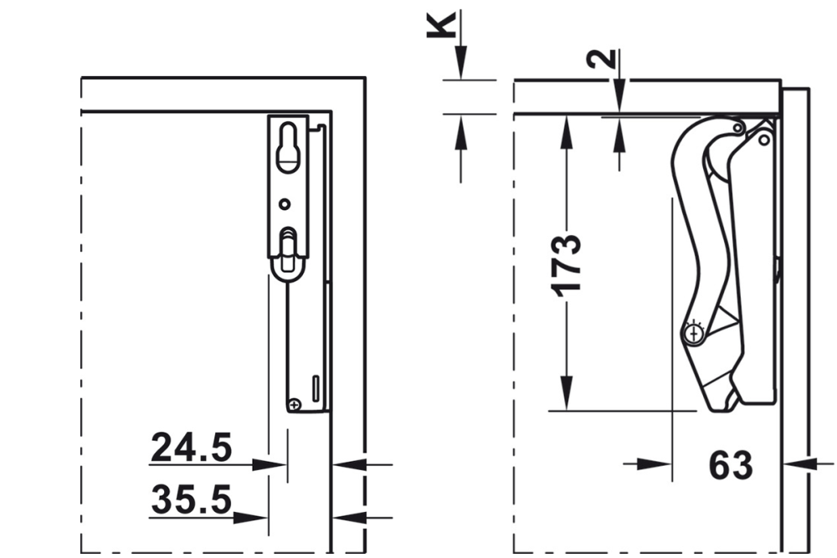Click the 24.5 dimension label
[x=191, y=448]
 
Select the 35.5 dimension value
[x=191, y=500]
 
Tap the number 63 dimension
[x=730, y=465]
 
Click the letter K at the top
[x=443, y=25]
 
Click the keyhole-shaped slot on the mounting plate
[x=288, y=147]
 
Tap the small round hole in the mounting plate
[x=285, y=203]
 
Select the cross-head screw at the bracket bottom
[x=294, y=405]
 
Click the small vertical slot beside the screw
[x=316, y=387]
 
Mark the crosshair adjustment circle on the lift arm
[x=692, y=333]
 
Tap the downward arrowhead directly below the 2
[x=618, y=95]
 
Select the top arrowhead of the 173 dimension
[x=567, y=130]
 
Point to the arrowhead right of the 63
[x=798, y=463]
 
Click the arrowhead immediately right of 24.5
[x=270, y=463]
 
